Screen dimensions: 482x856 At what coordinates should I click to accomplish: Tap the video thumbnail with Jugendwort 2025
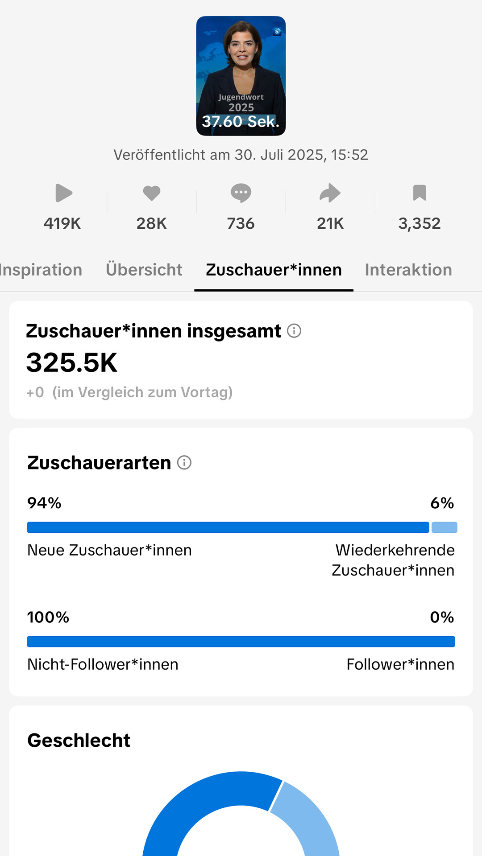point(241,76)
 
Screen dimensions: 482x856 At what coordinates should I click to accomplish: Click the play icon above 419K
point(63,193)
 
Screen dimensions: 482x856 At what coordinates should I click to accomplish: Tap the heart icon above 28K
point(152,193)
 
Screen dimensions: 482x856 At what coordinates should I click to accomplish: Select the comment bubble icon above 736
point(241,193)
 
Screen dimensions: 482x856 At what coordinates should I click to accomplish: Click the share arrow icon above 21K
point(330,193)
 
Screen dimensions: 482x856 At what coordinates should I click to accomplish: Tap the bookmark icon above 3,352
point(420,193)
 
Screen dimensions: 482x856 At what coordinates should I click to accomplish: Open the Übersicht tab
point(144,270)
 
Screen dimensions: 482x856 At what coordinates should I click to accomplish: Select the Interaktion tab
point(408,270)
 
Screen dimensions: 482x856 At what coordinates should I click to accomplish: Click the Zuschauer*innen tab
point(274,270)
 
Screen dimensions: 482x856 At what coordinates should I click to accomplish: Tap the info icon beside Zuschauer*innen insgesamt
point(294,331)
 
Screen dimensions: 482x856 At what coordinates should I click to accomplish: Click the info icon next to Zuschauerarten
point(184,462)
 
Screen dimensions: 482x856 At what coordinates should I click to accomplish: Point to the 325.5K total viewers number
point(72,362)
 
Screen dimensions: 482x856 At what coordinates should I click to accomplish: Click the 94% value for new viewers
point(44,503)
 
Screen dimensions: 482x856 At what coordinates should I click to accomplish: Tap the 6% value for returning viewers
point(442,503)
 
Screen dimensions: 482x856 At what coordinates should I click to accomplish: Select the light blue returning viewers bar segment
point(445,527)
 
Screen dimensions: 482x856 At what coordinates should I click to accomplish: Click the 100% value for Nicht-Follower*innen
point(48,617)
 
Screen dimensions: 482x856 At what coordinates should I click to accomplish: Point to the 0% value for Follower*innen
point(442,617)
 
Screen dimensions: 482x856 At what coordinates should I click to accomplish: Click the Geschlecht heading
point(79,740)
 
